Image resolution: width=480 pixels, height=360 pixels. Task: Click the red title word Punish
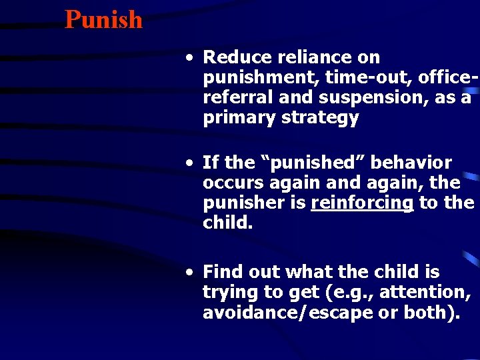point(103,19)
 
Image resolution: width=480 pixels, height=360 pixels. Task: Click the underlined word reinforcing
point(362,203)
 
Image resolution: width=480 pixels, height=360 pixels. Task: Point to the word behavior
point(411,163)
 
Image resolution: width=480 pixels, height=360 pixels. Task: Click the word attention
point(432,291)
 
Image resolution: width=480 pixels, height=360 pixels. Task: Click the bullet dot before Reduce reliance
point(191,58)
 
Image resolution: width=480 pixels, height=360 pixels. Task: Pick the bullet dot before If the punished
point(191,163)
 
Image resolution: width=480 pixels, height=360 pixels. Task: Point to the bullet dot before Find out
point(191,272)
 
